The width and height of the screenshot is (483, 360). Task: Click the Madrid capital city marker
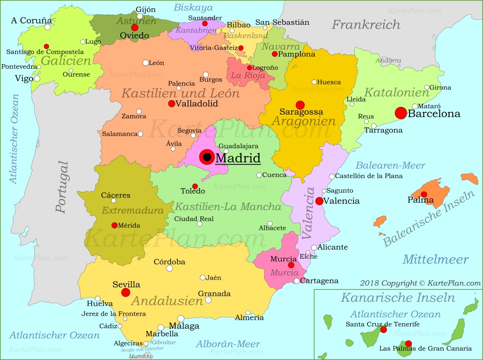click(207, 157)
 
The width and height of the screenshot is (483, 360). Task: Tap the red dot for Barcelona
click(400, 113)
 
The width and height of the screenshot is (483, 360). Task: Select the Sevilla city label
click(126, 285)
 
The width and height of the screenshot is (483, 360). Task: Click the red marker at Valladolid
click(172, 104)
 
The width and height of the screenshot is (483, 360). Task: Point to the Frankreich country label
click(366, 24)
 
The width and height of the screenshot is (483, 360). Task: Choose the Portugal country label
click(61, 187)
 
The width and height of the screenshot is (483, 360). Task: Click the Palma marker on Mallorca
click(424, 194)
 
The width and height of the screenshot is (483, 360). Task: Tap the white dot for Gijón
click(140, 16)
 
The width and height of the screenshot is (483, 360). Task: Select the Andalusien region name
click(167, 301)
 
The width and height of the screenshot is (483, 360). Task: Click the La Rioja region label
click(248, 75)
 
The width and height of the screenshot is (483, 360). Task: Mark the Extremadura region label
click(133, 210)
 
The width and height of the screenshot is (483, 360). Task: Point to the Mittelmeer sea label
click(435, 260)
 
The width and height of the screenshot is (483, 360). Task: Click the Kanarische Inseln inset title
click(397, 298)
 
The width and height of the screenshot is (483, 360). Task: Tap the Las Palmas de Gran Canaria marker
click(408, 343)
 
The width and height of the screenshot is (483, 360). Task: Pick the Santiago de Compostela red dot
click(46, 46)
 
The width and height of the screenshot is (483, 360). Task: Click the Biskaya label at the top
click(193, 7)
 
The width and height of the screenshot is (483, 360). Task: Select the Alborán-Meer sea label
click(228, 343)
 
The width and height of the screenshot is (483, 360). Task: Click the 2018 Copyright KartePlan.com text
click(420, 283)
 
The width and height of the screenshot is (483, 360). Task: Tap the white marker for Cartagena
click(297, 281)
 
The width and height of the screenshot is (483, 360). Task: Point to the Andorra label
click(388, 60)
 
